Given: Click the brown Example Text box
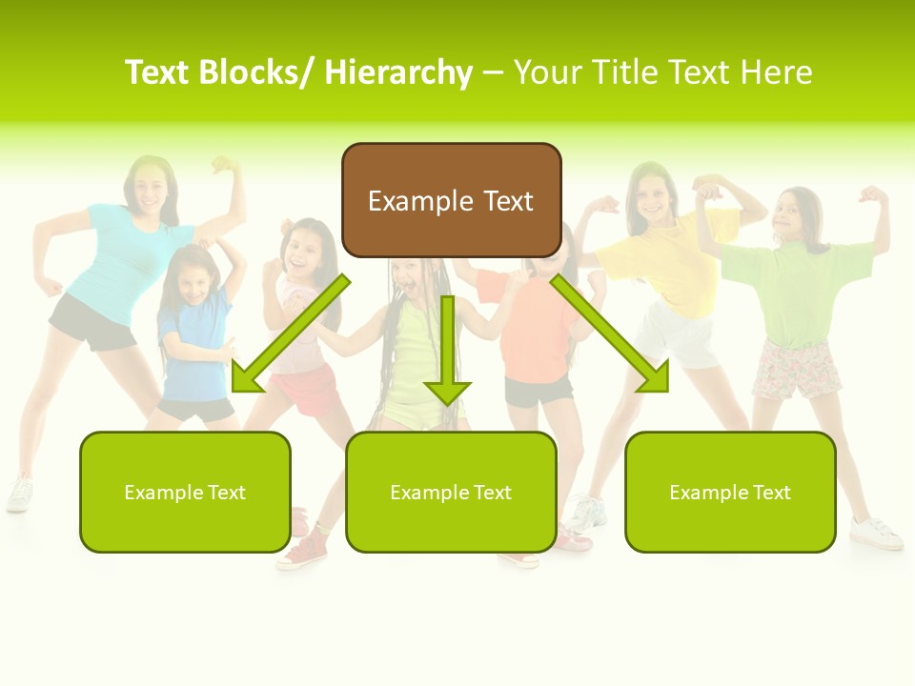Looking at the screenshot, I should pyautogui.click(x=451, y=200).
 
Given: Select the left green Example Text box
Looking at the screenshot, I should pyautogui.click(x=185, y=492).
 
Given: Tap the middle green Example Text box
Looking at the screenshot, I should pyautogui.click(x=451, y=492).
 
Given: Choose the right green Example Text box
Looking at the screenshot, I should pyautogui.click(x=730, y=492).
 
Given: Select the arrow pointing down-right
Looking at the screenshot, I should pyautogui.click(x=610, y=334).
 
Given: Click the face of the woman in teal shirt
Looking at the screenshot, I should pyautogui.click(x=148, y=186).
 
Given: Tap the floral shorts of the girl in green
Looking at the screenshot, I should pyautogui.click(x=796, y=370).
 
